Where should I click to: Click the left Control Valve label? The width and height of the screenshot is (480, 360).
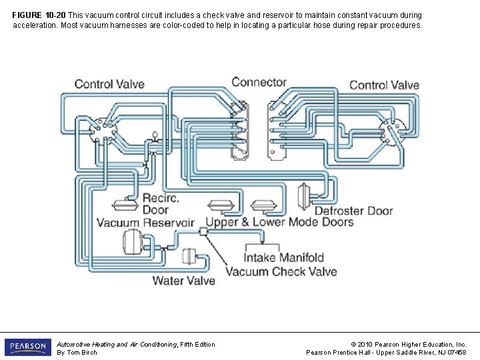[x=109, y=84]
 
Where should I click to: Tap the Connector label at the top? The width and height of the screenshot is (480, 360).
[x=259, y=82]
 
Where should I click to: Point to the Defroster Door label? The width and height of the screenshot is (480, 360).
[x=353, y=211]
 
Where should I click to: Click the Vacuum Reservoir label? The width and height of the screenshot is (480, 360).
[x=145, y=223]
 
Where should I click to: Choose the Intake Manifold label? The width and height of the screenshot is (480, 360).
[x=284, y=257]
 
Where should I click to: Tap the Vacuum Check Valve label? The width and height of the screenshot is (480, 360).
[x=281, y=271]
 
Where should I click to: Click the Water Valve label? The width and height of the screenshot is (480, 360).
[x=184, y=281]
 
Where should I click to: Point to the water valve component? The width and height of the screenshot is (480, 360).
[x=190, y=257]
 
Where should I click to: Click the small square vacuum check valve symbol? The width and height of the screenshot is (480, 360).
[x=203, y=231]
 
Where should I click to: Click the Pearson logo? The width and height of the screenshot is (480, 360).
[x=27, y=347]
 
